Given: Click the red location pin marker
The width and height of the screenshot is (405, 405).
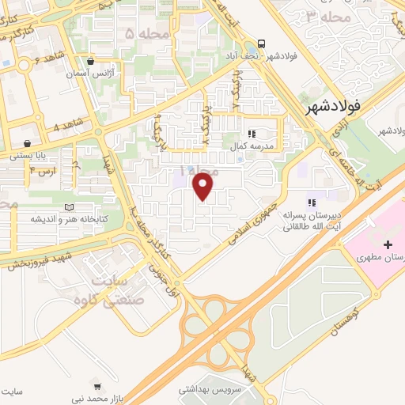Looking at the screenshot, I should pyautogui.click(x=204, y=186).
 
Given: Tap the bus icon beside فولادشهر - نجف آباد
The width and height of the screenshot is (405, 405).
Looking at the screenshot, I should pyautogui.click(x=261, y=44).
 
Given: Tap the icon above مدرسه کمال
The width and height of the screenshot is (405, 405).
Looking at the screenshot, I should pyautogui.click(x=252, y=134).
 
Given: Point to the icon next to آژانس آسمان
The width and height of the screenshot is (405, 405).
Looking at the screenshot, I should pyautogui.click(x=92, y=61).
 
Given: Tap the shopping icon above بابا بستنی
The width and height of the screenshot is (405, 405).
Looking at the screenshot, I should pyautogui.click(x=29, y=143).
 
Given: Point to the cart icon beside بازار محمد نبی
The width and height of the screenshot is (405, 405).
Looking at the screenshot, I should pyautogui.click(x=97, y=387).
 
